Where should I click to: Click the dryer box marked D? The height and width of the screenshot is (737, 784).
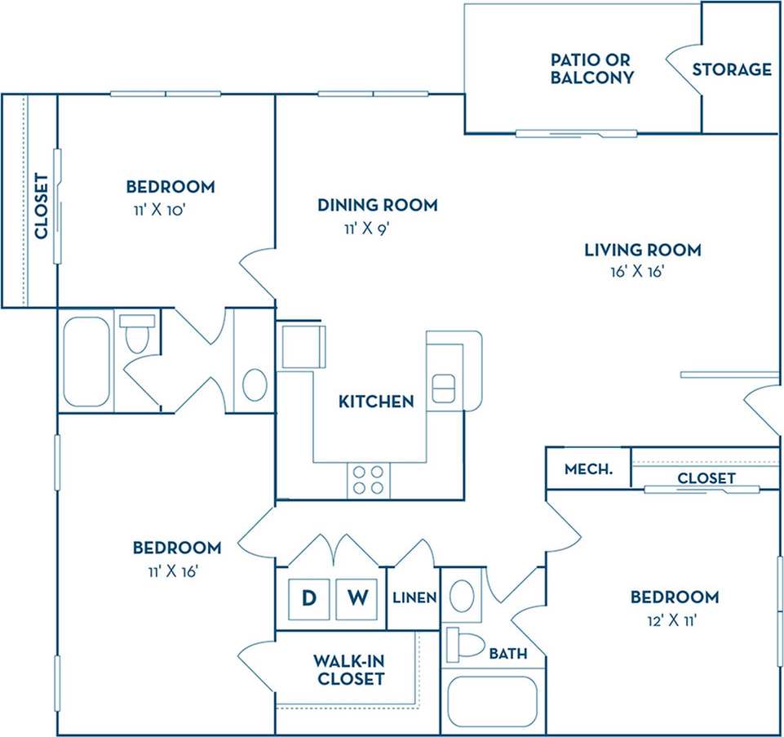pyautogui.click(x=309, y=598)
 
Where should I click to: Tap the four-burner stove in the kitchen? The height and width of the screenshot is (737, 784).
pyautogui.click(x=368, y=479)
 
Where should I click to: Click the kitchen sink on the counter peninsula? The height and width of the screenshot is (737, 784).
pyautogui.click(x=442, y=388)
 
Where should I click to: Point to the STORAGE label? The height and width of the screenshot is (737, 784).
pyautogui.click(x=732, y=69)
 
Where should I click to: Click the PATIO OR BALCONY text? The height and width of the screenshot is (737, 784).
pyautogui.click(x=591, y=69)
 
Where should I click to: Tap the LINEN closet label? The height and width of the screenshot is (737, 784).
pyautogui.click(x=414, y=598)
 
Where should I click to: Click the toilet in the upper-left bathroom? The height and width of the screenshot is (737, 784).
pyautogui.click(x=136, y=334)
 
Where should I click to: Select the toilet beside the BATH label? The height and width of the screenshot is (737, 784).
pyautogui.click(x=465, y=645)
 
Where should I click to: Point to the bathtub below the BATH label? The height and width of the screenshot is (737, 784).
pyautogui.click(x=493, y=701)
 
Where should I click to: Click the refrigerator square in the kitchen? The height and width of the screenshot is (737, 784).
pyautogui.click(x=301, y=347)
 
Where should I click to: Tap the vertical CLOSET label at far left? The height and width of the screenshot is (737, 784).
pyautogui.click(x=41, y=206)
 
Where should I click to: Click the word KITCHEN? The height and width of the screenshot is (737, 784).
pyautogui.click(x=376, y=402)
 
